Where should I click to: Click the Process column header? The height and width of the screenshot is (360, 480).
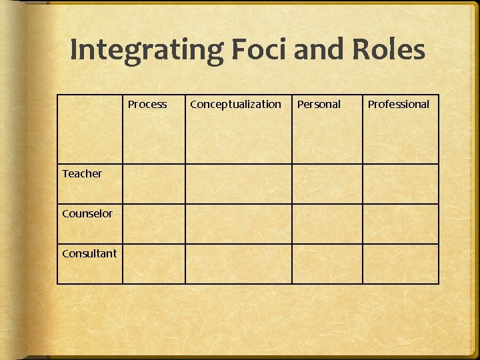(x=147, y=104)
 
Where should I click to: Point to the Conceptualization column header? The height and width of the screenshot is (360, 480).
(x=235, y=104)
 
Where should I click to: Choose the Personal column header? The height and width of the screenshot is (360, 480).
(x=319, y=104)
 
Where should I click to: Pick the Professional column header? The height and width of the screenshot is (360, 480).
(x=399, y=104)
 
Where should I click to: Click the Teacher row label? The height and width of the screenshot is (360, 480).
(x=82, y=173)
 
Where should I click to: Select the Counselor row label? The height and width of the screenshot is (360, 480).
(x=87, y=213)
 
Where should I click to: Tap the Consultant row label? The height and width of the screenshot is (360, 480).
(x=89, y=253)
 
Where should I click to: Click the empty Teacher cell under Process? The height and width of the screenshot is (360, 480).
(x=153, y=184)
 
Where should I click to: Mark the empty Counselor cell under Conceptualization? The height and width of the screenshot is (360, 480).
(x=238, y=224)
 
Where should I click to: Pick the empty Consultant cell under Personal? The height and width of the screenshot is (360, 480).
(x=327, y=264)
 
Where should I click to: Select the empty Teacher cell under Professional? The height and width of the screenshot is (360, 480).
(x=401, y=184)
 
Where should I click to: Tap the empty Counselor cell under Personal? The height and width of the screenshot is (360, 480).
(x=327, y=224)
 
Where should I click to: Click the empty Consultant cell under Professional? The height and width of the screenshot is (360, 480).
(x=401, y=264)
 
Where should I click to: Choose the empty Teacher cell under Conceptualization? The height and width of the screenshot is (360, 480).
(x=238, y=184)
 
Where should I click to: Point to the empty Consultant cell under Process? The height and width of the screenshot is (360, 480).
(x=153, y=264)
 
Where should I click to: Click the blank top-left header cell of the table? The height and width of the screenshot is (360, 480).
(x=89, y=129)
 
